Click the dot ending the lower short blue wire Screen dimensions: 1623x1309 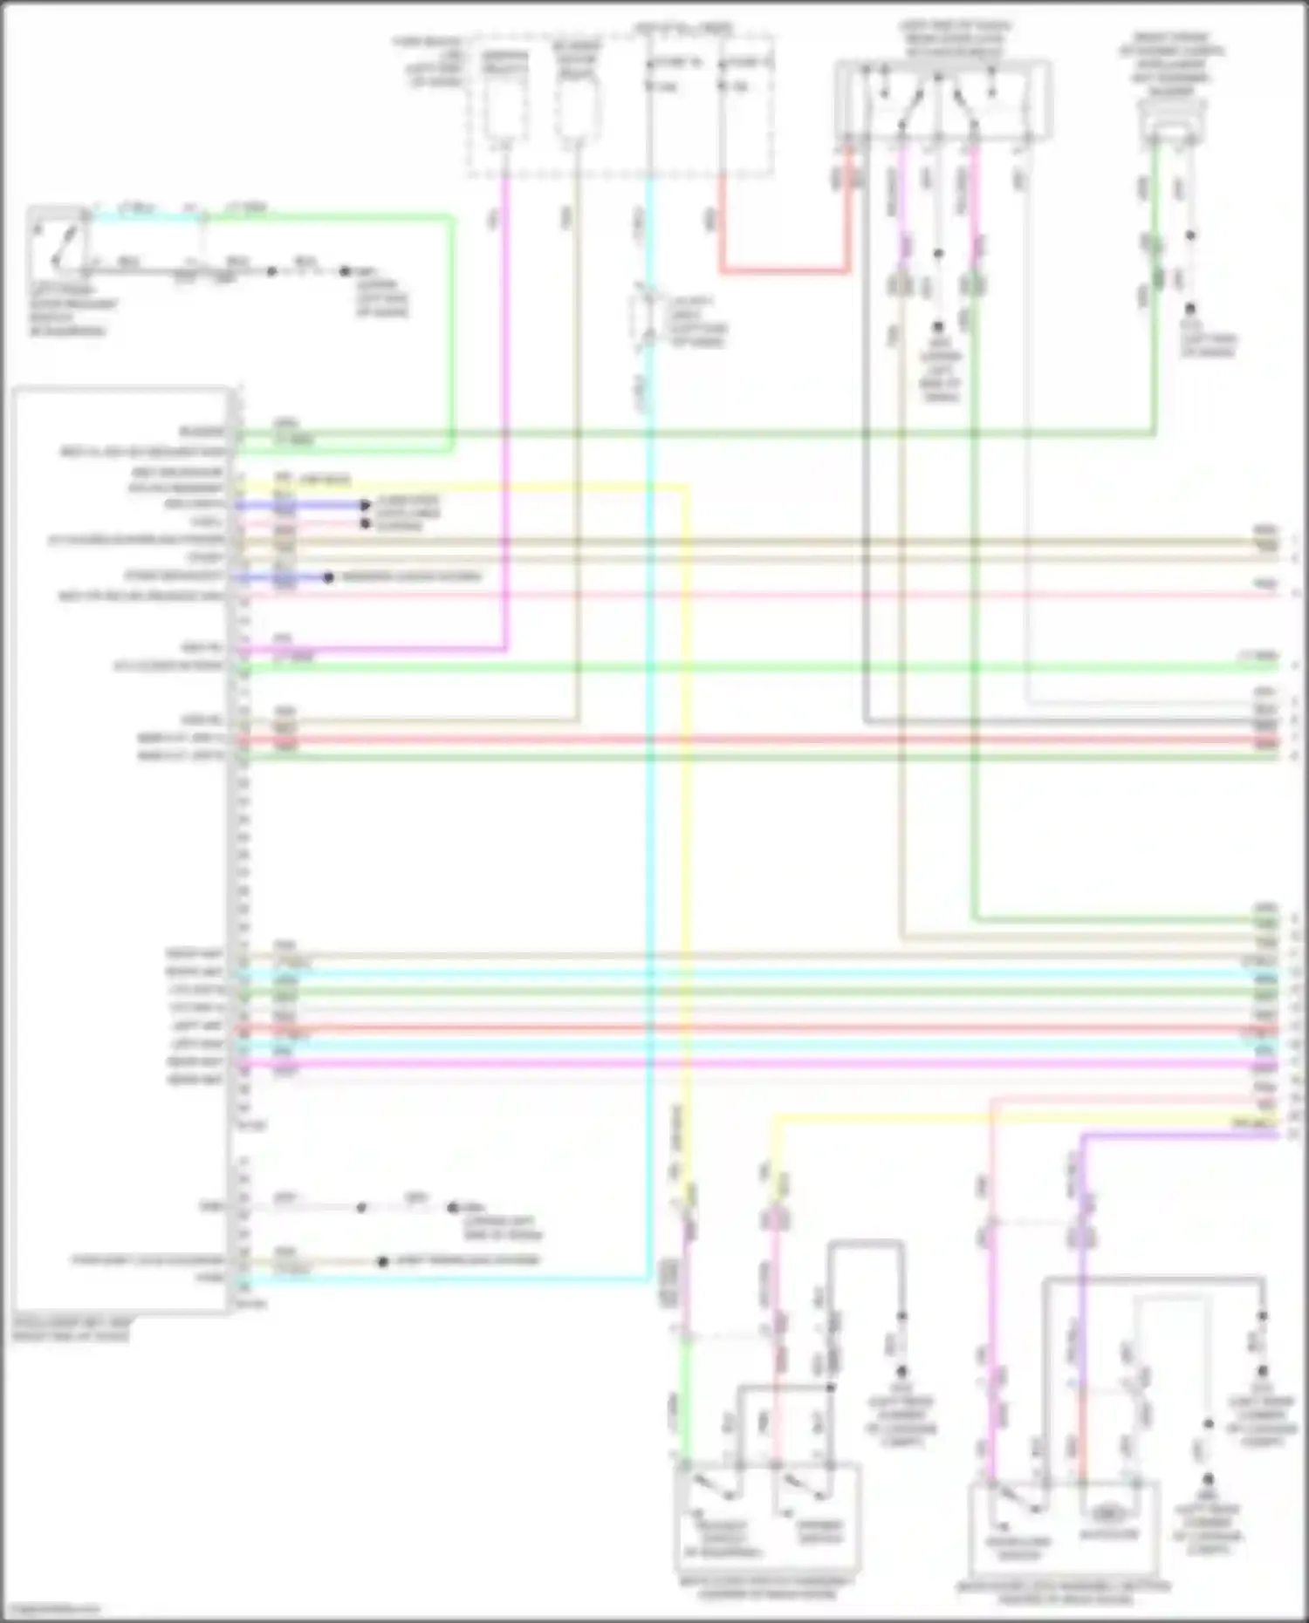click(x=328, y=577)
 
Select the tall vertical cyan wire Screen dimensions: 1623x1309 click(x=649, y=785)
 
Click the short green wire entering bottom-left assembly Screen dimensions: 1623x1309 click(x=687, y=1413)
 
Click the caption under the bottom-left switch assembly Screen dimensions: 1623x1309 click(x=767, y=1588)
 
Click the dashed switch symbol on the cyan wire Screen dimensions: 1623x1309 click(x=646, y=318)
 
